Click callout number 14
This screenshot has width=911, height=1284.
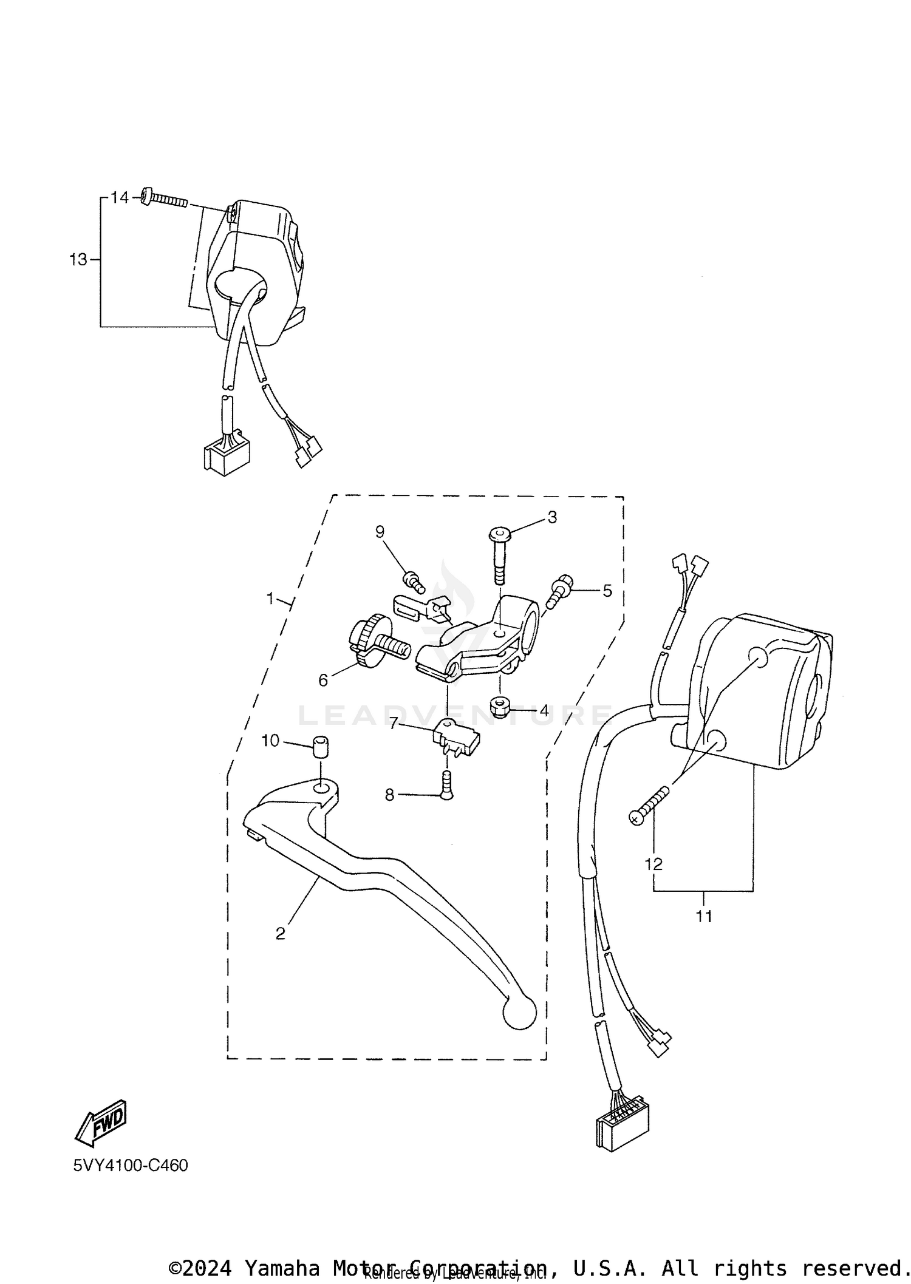[x=120, y=198]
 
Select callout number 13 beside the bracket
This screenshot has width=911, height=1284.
[x=78, y=260]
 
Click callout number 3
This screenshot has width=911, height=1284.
[x=552, y=517]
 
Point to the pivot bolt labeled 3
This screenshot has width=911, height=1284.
[x=499, y=555]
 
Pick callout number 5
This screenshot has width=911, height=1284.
[x=607, y=591]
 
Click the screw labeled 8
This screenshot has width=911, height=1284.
[x=446, y=786]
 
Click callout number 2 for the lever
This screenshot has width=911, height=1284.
[x=280, y=933]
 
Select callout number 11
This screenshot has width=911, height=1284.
[x=704, y=916]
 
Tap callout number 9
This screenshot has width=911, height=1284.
[x=380, y=532]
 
